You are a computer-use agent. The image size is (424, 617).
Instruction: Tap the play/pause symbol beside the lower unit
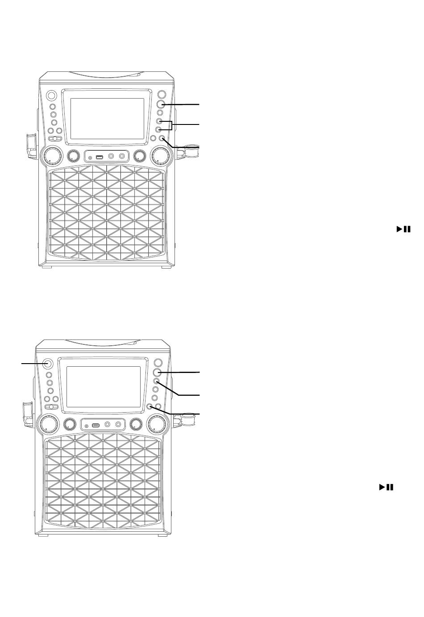click(x=387, y=487)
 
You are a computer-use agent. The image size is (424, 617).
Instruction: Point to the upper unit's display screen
click(x=107, y=118)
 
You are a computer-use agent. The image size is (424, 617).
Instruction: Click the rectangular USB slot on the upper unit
click(x=100, y=157)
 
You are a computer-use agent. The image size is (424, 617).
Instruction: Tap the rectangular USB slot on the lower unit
click(x=96, y=425)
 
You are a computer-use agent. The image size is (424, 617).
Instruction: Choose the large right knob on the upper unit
click(x=162, y=156)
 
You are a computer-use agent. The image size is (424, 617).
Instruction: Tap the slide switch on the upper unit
click(x=55, y=139)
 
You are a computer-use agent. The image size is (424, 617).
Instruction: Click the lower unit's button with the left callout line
click(x=47, y=363)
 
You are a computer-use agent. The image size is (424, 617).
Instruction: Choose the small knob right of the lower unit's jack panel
click(x=135, y=424)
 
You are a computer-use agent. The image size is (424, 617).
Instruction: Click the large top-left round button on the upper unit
click(x=51, y=95)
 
